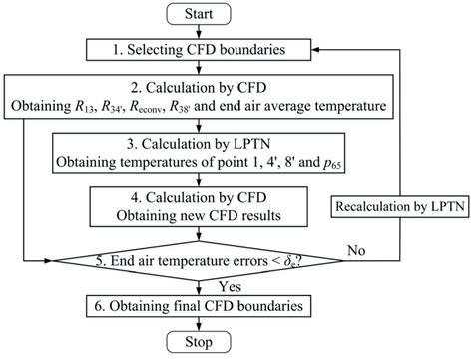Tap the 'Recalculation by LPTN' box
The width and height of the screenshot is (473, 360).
coord(399,231)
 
